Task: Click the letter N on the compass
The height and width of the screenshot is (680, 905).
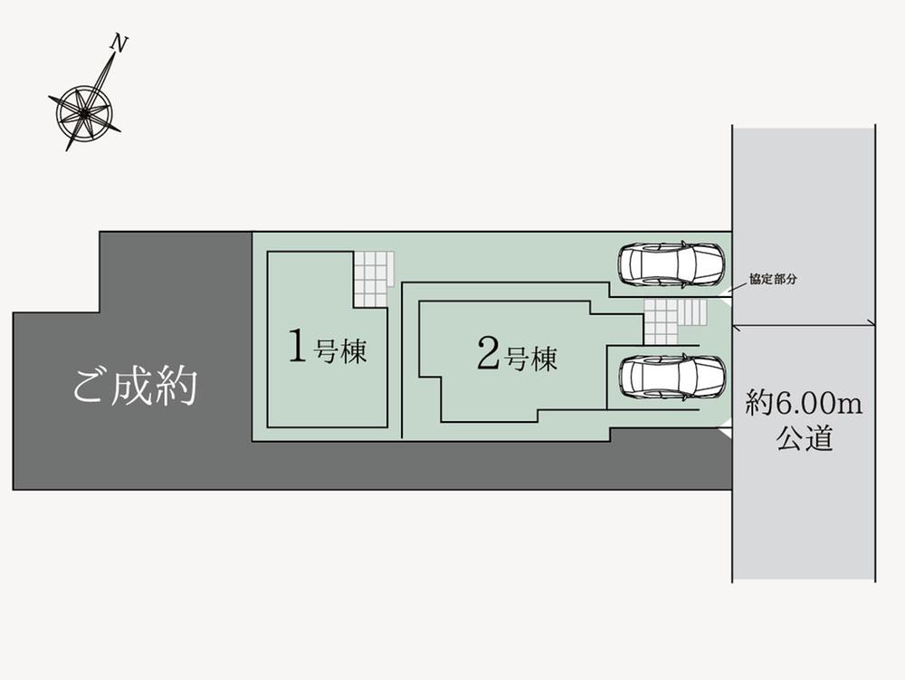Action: [x=119, y=43]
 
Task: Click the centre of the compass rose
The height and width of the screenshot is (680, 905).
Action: [x=84, y=111]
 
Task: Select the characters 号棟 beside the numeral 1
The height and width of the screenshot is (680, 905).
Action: [x=340, y=351]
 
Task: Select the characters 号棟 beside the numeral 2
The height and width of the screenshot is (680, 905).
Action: [x=531, y=359]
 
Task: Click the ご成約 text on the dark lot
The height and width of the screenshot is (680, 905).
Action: [x=135, y=387]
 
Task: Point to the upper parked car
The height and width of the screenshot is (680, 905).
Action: [x=671, y=264]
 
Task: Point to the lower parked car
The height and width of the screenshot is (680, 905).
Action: [x=671, y=377]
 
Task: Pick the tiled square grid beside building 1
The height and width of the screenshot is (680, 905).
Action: [x=373, y=278]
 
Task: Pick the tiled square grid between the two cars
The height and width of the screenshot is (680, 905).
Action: [x=661, y=321]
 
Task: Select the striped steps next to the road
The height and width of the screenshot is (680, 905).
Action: [x=692, y=311]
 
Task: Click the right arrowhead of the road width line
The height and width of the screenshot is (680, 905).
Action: [x=871, y=322]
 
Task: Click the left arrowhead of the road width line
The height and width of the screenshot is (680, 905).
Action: [x=737, y=322]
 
